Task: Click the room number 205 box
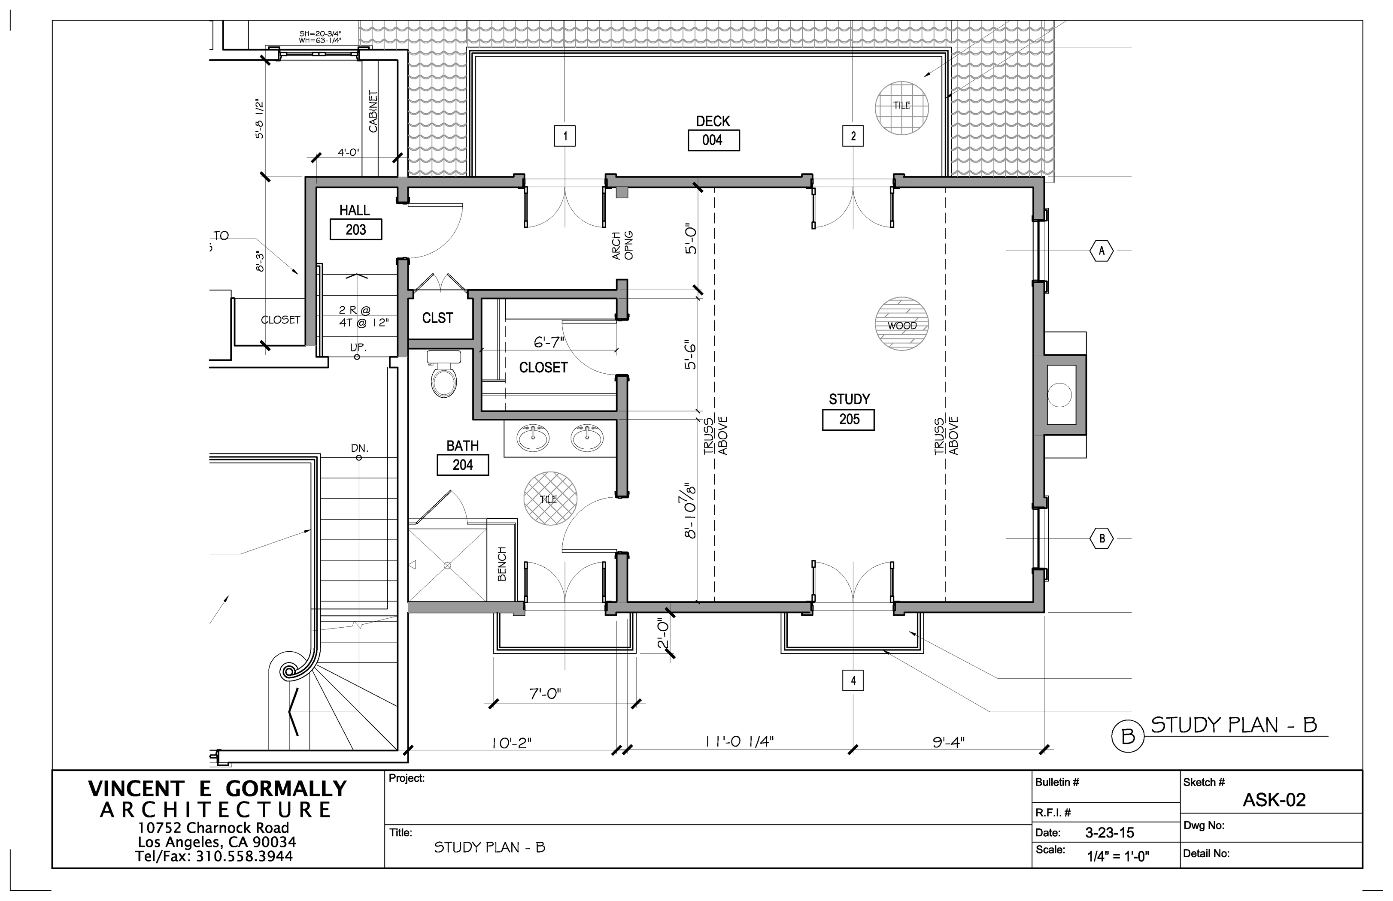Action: tap(848, 420)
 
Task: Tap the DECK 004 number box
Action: tap(713, 140)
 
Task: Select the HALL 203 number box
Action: tap(356, 230)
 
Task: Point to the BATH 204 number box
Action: tap(462, 465)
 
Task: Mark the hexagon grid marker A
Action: tap(1102, 251)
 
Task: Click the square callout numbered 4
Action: tap(853, 680)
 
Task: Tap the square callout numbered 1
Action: tap(565, 136)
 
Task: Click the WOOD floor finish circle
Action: tap(902, 324)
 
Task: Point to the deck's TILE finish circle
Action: tap(902, 108)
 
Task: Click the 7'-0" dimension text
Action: tap(545, 694)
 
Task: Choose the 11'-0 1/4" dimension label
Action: tap(739, 741)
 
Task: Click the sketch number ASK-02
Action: tap(1274, 800)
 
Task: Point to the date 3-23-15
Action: tap(1109, 832)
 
